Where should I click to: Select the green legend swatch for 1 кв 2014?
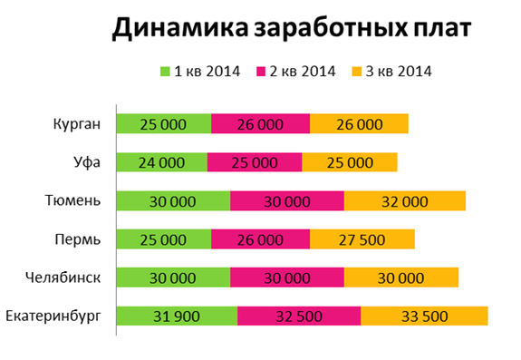pyautogui.click(x=165, y=71)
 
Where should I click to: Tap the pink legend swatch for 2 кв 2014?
pyautogui.click(x=264, y=71)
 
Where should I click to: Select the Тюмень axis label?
pyautogui.click(x=72, y=201)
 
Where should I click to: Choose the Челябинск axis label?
pyautogui.click(x=63, y=277)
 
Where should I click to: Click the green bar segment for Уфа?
pyautogui.click(x=161, y=163)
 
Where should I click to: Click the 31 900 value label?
pyautogui.click(x=177, y=316)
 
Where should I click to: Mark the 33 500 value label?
pyautogui.click(x=424, y=316)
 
